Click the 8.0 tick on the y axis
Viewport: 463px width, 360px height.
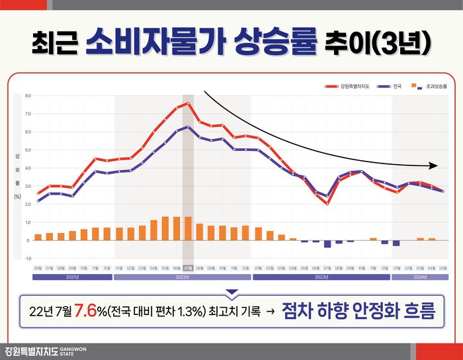click(x=28, y=96)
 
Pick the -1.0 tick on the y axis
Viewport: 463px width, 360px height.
click(x=28, y=258)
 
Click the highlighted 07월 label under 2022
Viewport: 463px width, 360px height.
click(x=189, y=268)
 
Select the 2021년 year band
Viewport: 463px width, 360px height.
click(x=73, y=278)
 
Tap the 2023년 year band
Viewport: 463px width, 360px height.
click(x=321, y=278)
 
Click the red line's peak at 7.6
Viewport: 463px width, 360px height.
click(x=189, y=103)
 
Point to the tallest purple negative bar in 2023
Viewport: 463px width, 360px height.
click(x=327, y=244)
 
